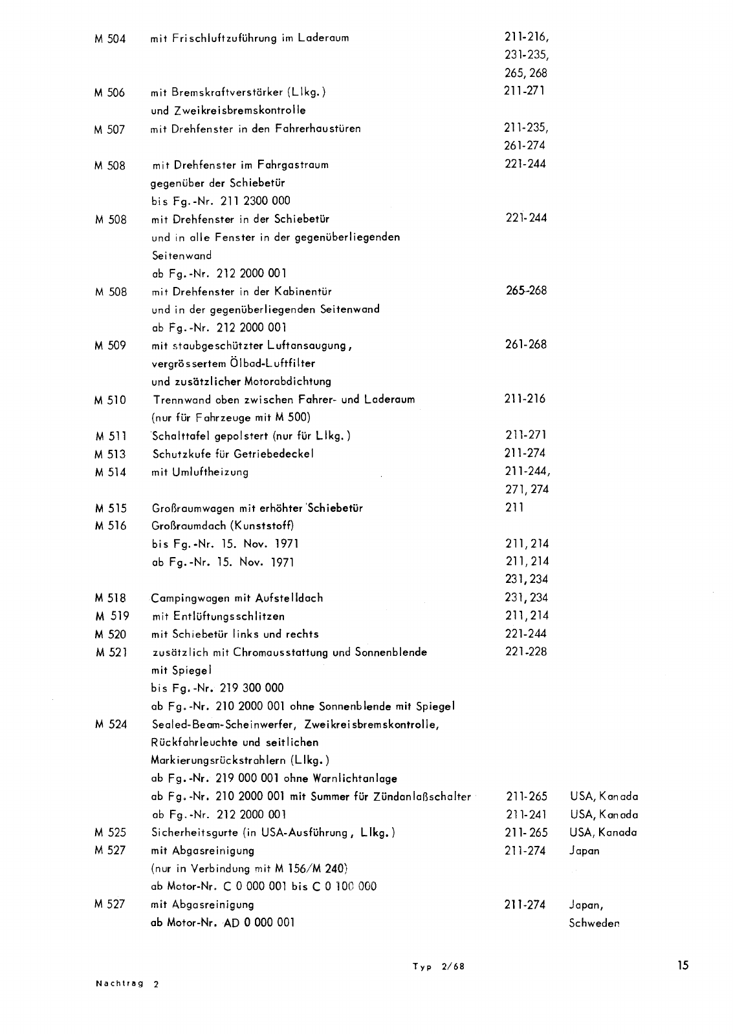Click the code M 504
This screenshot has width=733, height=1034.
tap(109, 38)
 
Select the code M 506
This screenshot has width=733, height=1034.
tap(109, 92)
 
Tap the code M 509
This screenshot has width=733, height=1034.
tap(109, 346)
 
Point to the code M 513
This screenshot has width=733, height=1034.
tap(109, 454)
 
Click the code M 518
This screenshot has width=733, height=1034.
tap(109, 598)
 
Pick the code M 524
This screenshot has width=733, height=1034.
tap(109, 724)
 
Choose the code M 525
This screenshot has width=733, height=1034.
tap(109, 832)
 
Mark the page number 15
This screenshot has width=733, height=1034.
tap(683, 966)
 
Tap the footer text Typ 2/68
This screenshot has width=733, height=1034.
tap(439, 967)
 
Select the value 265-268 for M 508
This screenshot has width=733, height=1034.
tap(526, 291)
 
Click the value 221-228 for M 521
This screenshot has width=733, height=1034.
tap(525, 651)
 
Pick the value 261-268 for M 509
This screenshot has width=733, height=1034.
tap(525, 344)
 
